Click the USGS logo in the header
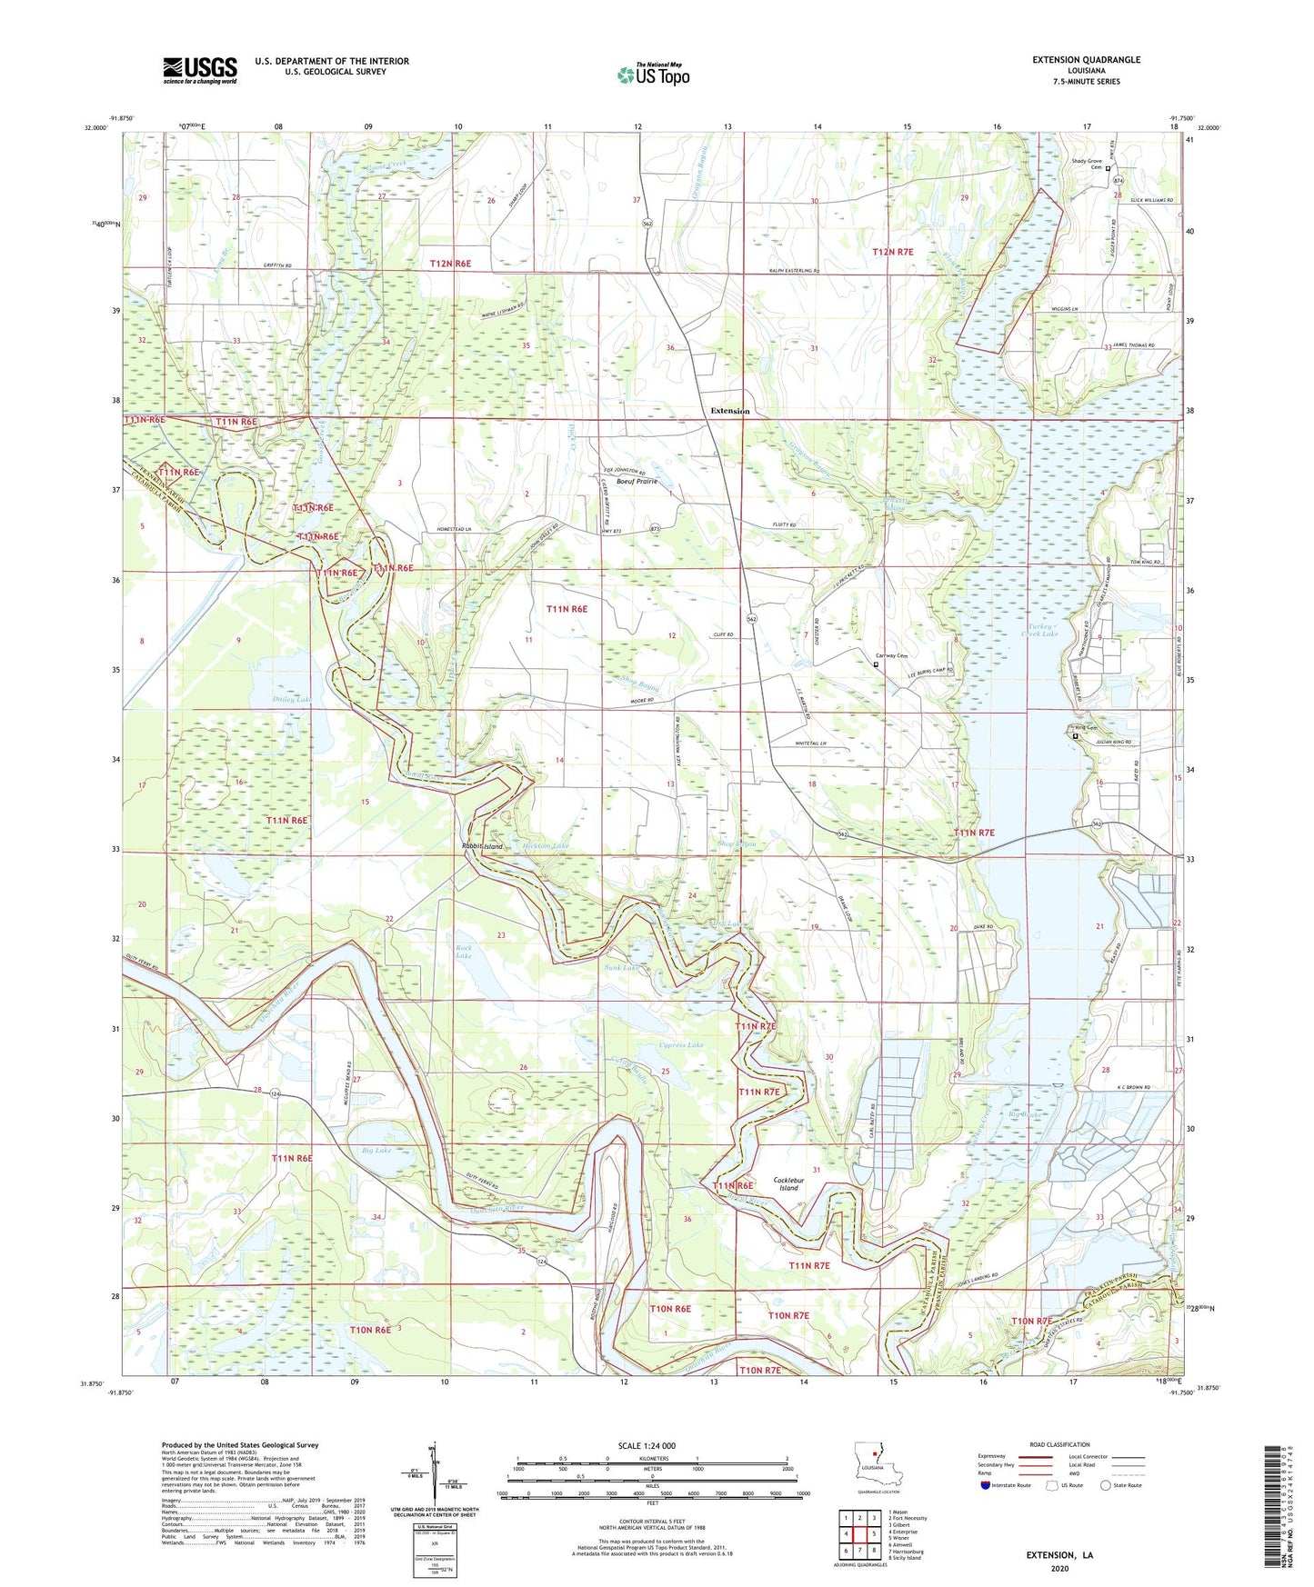click(x=199, y=69)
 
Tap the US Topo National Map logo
click(x=652, y=75)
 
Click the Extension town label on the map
click(x=729, y=411)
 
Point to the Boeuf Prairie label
click(x=637, y=482)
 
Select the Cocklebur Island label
click(x=787, y=1183)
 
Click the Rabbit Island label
click(x=481, y=846)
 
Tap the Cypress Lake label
click(x=681, y=1045)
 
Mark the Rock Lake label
click(x=463, y=952)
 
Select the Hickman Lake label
click(x=546, y=846)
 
